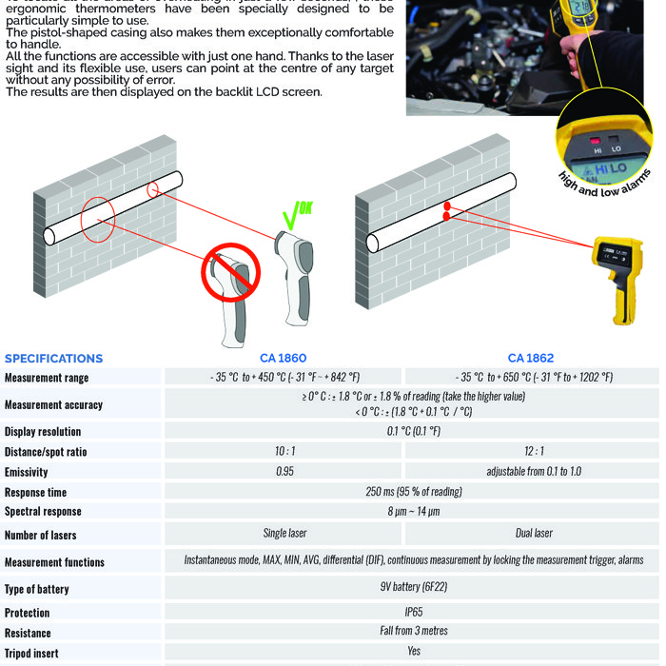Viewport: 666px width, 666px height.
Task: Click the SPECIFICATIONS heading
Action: click(53, 359)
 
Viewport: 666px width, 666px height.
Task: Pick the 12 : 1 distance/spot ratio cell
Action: click(532, 451)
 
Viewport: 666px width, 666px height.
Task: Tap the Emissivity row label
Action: click(26, 472)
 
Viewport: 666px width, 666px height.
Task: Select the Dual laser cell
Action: click(532, 534)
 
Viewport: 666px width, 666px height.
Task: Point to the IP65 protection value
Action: click(413, 612)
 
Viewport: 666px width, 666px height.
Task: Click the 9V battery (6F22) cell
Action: click(413, 589)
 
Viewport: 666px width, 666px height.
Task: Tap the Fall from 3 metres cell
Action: click(413, 631)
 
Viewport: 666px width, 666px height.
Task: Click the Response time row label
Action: click(35, 493)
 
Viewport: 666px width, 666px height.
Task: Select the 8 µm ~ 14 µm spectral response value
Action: click(413, 512)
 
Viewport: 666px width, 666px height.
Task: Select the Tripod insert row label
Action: click(33, 653)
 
